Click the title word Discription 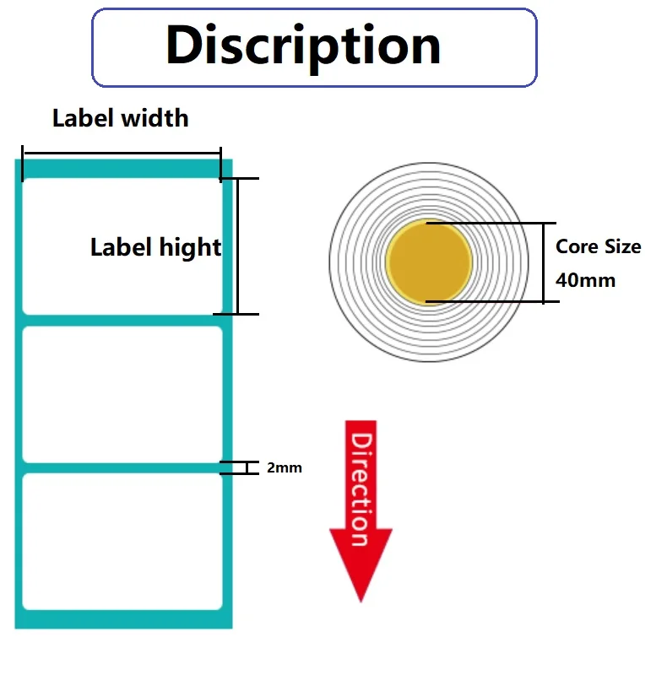(303, 46)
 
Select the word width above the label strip (155, 118)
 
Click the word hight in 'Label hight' (190, 247)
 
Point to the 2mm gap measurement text (285, 467)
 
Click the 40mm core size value (586, 280)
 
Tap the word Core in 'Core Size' (578, 246)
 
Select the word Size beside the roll (623, 246)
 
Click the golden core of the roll (429, 262)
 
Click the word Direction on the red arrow (361, 489)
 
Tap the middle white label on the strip (122, 394)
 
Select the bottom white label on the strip (122, 542)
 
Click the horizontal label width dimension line (122, 153)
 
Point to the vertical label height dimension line (237, 246)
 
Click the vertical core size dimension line (544, 262)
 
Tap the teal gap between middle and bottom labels (122, 468)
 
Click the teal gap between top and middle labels (122, 321)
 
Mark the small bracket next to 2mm (247, 467)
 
